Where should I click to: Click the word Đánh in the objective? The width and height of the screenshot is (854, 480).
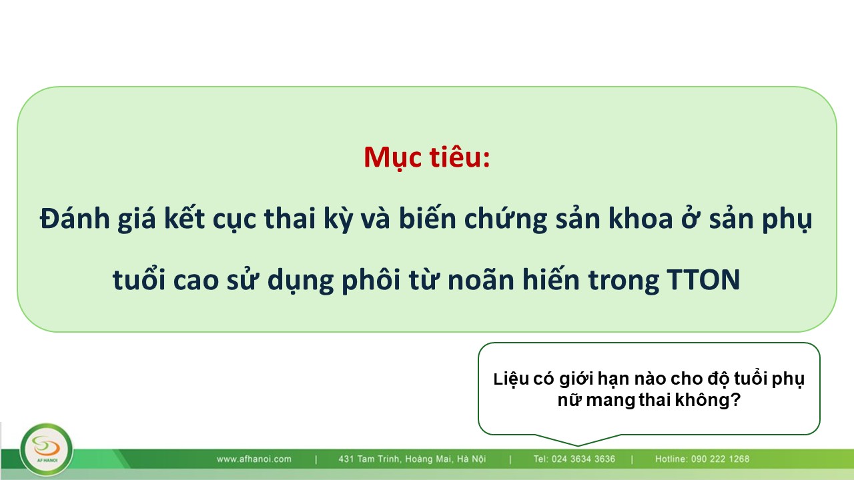point(75,219)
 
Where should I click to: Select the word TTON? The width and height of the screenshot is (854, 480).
point(703,279)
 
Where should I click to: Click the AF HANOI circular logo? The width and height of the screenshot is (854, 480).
point(46,450)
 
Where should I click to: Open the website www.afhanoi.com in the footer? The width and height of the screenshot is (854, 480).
point(254,459)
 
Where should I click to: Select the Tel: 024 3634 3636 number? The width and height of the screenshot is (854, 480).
point(574,459)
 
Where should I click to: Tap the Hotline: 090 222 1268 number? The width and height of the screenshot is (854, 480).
point(703,459)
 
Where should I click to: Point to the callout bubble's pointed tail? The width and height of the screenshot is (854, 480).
point(578,445)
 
